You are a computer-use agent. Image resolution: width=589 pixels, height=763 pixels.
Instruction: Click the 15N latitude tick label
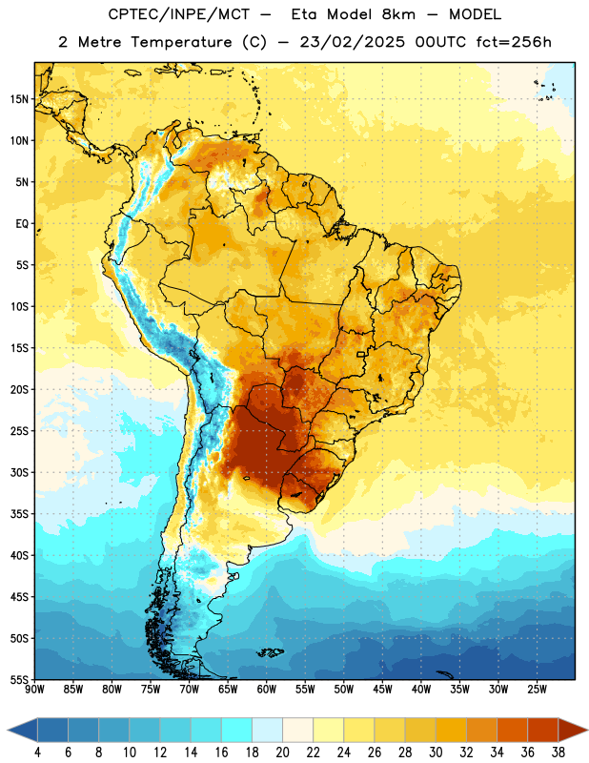pos(18,99)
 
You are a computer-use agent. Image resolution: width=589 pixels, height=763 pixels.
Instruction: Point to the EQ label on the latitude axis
pos(22,224)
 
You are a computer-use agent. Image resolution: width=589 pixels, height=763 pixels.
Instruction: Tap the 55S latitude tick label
pos(19,680)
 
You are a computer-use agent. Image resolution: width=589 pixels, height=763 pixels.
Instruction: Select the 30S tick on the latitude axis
pos(19,472)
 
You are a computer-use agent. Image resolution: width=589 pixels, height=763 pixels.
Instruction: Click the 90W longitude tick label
pos(34,690)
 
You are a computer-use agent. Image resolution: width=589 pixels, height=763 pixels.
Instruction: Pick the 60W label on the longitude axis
pos(267,690)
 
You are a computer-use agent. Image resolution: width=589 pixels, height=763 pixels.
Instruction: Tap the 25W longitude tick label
pos(537,690)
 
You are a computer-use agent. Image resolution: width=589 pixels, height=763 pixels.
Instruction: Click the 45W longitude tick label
pos(382,690)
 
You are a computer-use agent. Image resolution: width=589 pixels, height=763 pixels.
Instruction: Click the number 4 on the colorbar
pos(37,753)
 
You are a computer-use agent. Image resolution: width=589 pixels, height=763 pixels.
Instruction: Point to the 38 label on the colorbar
pos(559,753)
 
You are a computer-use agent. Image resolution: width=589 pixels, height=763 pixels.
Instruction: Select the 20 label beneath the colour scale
pos(282,753)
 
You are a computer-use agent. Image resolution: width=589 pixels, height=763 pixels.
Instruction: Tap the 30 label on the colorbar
pos(436,753)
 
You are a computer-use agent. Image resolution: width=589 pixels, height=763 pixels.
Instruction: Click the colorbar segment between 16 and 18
pos(237,730)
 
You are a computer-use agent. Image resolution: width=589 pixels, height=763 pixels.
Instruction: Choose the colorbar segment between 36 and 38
pos(543,730)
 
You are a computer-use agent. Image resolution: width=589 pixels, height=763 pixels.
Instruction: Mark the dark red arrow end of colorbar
pos(573,730)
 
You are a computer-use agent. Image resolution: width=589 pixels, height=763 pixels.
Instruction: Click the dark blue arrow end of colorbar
pos(22,730)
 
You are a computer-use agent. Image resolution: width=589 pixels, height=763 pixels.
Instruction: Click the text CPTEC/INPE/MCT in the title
pos(179,14)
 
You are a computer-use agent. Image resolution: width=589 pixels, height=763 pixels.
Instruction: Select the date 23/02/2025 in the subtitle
pos(352,42)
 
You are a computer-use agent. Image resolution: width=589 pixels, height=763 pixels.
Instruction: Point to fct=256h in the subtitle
pos(514,42)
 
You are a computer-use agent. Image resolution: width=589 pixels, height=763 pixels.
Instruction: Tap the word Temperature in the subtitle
pos(181,43)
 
